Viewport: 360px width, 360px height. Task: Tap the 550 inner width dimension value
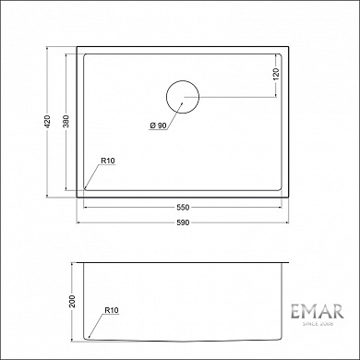click(x=183, y=207)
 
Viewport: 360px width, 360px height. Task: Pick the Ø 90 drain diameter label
click(x=156, y=126)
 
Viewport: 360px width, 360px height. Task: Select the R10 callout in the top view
click(x=107, y=162)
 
